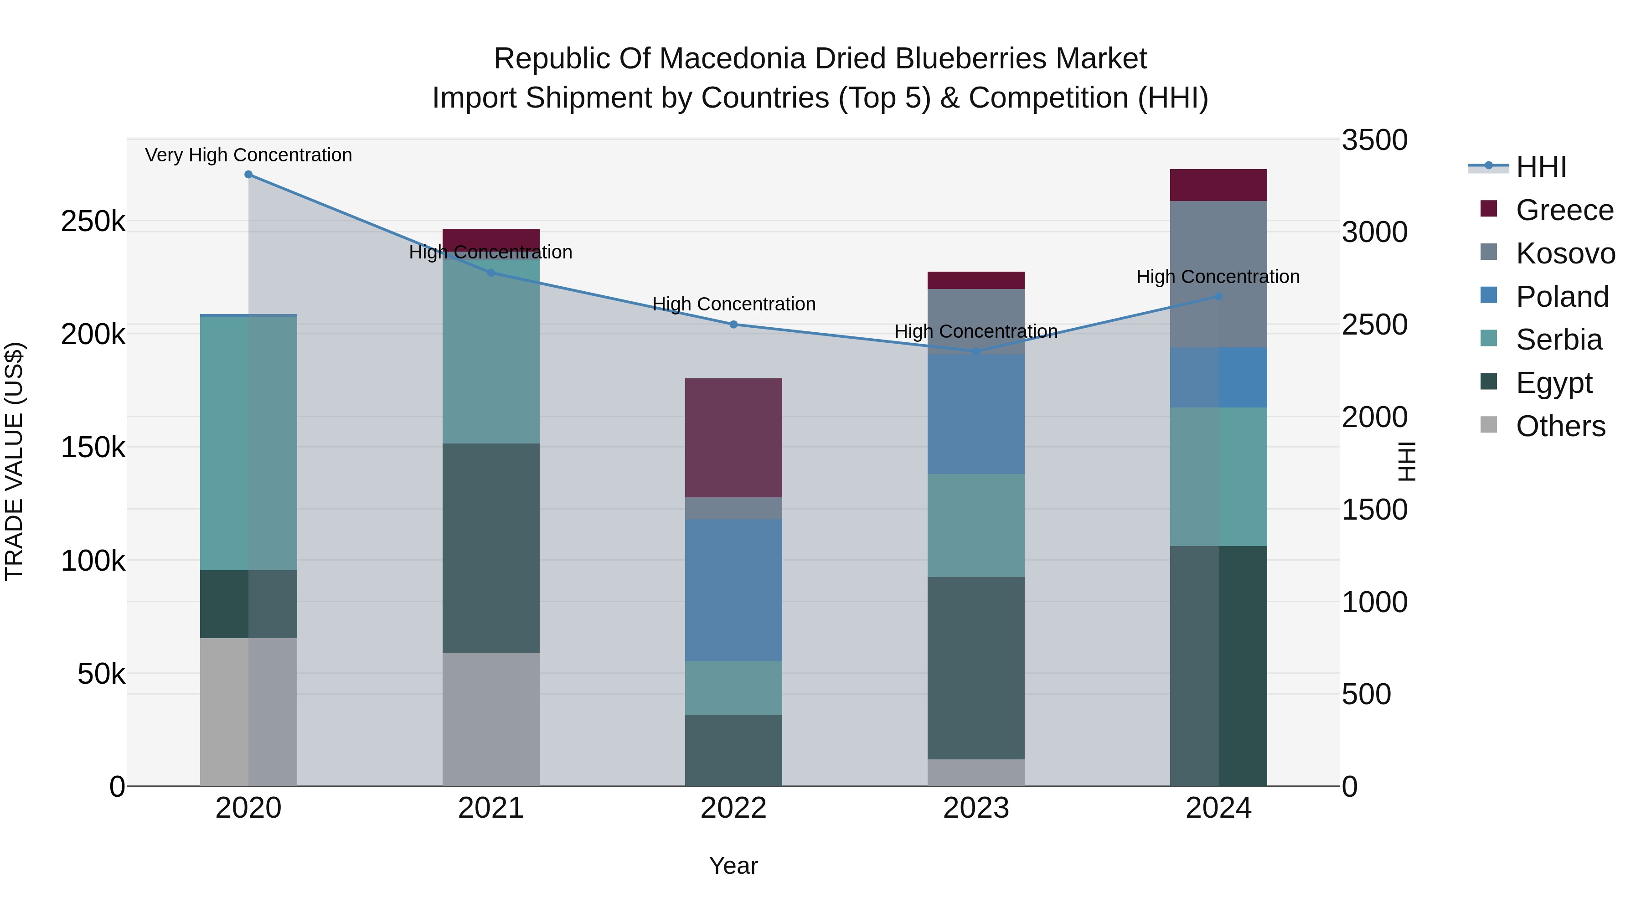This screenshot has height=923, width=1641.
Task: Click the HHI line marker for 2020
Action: coord(248,175)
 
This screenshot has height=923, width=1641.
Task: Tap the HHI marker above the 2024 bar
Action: coord(1218,296)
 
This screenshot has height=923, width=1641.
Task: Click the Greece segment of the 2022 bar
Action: coord(733,438)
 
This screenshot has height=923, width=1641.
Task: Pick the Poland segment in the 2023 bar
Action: coord(976,414)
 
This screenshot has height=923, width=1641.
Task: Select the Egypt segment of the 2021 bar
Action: coord(490,548)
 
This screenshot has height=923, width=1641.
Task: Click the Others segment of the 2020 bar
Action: coord(248,712)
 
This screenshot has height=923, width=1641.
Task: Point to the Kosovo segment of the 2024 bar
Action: coord(1218,274)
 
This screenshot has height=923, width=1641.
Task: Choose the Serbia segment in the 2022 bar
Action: coord(733,687)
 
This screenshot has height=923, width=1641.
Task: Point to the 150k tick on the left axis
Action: coord(93,448)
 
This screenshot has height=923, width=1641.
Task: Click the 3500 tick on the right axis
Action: coord(1374,140)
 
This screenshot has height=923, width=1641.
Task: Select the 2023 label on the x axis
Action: coord(976,808)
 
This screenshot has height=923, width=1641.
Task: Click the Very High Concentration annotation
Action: coord(248,155)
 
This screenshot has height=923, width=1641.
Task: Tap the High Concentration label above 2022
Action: coord(734,304)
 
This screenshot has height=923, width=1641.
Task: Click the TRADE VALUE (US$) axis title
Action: coord(14,461)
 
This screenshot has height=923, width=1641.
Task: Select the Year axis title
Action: coord(733,866)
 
